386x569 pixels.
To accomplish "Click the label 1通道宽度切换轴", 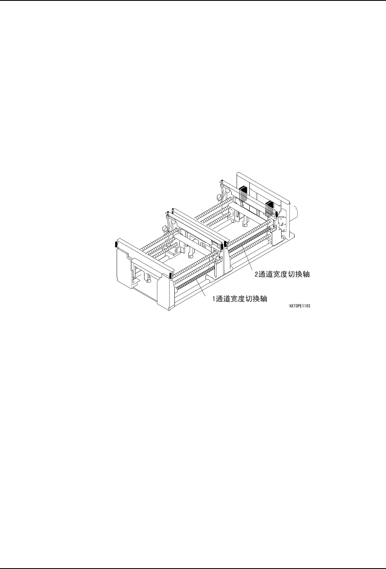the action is [x=239, y=299].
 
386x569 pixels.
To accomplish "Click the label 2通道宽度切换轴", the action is [x=282, y=274].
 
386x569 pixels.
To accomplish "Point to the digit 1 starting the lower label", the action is [x=213, y=299].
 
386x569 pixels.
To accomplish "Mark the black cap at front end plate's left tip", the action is [x=116, y=245].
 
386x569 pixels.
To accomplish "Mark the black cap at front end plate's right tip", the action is [x=170, y=275].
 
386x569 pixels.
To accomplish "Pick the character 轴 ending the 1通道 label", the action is [x=264, y=299].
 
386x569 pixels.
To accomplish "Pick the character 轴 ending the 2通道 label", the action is [x=307, y=274].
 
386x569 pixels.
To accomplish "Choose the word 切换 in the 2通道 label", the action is [x=294, y=274].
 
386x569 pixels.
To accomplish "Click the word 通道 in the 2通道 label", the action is [x=265, y=274].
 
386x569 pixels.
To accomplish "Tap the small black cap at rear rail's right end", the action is [x=277, y=215].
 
